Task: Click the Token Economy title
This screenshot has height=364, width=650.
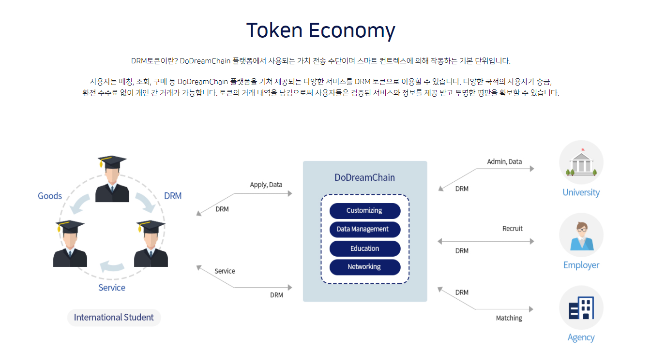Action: click(x=321, y=30)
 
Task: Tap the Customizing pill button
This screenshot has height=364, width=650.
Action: click(x=365, y=211)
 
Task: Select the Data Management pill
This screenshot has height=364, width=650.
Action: click(x=365, y=229)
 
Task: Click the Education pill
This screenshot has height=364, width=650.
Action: click(x=365, y=248)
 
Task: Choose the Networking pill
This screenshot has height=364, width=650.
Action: click(x=365, y=267)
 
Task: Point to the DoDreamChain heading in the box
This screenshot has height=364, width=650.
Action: click(x=365, y=177)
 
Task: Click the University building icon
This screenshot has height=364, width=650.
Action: click(x=581, y=162)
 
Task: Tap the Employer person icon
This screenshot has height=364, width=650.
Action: click(x=581, y=235)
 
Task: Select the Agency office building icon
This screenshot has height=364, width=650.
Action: click(x=581, y=307)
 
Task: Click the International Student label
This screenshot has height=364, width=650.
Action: click(x=114, y=317)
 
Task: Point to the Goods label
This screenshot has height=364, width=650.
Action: click(x=50, y=196)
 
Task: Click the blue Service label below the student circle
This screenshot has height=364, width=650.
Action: click(x=112, y=288)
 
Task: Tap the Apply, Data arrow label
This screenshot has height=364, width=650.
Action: click(x=266, y=185)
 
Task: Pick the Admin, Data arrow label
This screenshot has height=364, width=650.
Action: click(x=504, y=162)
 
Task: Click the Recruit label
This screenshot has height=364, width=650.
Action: click(x=513, y=229)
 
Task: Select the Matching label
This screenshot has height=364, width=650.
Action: click(x=509, y=318)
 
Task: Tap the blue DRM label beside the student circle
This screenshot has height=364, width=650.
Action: click(x=173, y=196)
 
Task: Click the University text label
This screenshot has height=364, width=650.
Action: click(x=581, y=192)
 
